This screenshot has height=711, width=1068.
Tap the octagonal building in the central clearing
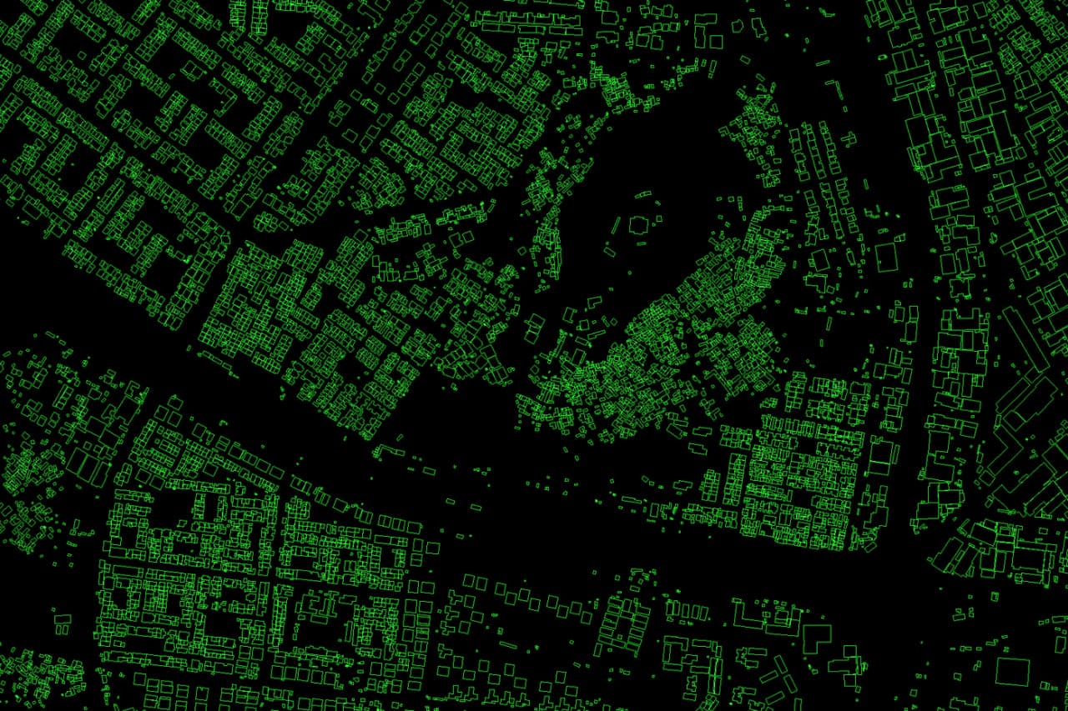639,225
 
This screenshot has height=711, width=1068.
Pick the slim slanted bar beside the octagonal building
617,225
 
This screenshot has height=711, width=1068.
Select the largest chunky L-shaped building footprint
816,639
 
